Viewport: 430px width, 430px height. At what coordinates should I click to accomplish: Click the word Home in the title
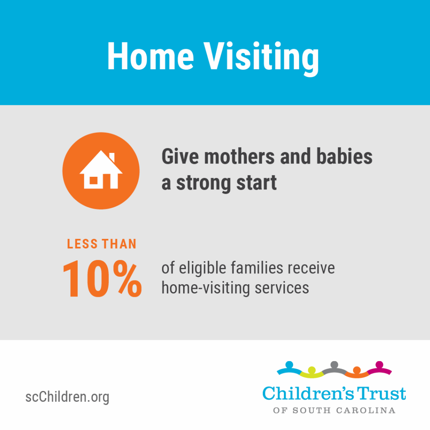[151, 56]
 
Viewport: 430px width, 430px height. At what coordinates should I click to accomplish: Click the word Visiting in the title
[261, 59]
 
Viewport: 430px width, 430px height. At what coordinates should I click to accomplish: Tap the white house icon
[101, 170]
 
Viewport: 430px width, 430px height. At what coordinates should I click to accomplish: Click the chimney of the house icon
[112, 157]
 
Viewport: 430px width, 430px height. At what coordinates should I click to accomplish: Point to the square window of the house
[94, 181]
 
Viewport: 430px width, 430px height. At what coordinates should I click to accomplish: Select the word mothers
[239, 157]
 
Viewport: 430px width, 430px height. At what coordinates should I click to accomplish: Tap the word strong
[204, 184]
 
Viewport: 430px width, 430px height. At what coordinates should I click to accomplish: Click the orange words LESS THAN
[102, 244]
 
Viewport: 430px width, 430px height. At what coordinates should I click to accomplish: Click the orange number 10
[86, 279]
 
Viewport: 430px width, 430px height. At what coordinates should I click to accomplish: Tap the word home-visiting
[206, 288]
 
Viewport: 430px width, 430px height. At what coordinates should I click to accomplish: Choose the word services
[282, 288]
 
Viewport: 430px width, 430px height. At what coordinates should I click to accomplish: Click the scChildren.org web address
[67, 397]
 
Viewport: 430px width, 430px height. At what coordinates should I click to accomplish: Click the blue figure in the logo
[289, 368]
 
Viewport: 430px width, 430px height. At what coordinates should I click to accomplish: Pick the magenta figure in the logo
[380, 368]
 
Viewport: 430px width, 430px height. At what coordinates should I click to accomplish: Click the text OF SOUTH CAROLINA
[334, 411]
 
